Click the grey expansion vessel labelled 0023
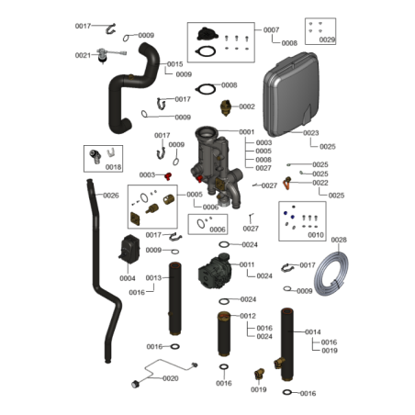tap(291, 95)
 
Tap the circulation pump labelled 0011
tap(215, 271)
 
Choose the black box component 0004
tap(130, 249)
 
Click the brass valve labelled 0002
tap(226, 107)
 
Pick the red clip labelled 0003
tap(168, 176)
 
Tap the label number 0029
tap(327, 39)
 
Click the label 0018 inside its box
tap(113, 167)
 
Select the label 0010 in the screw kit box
tap(316, 235)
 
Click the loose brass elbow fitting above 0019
tap(259, 374)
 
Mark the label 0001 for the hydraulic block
tap(247, 132)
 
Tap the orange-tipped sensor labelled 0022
tap(287, 183)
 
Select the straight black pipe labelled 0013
tap(175, 298)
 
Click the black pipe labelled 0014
tap(287, 344)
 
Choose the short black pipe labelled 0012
tap(224, 333)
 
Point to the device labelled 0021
tap(106, 55)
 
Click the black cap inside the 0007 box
tap(207, 34)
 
